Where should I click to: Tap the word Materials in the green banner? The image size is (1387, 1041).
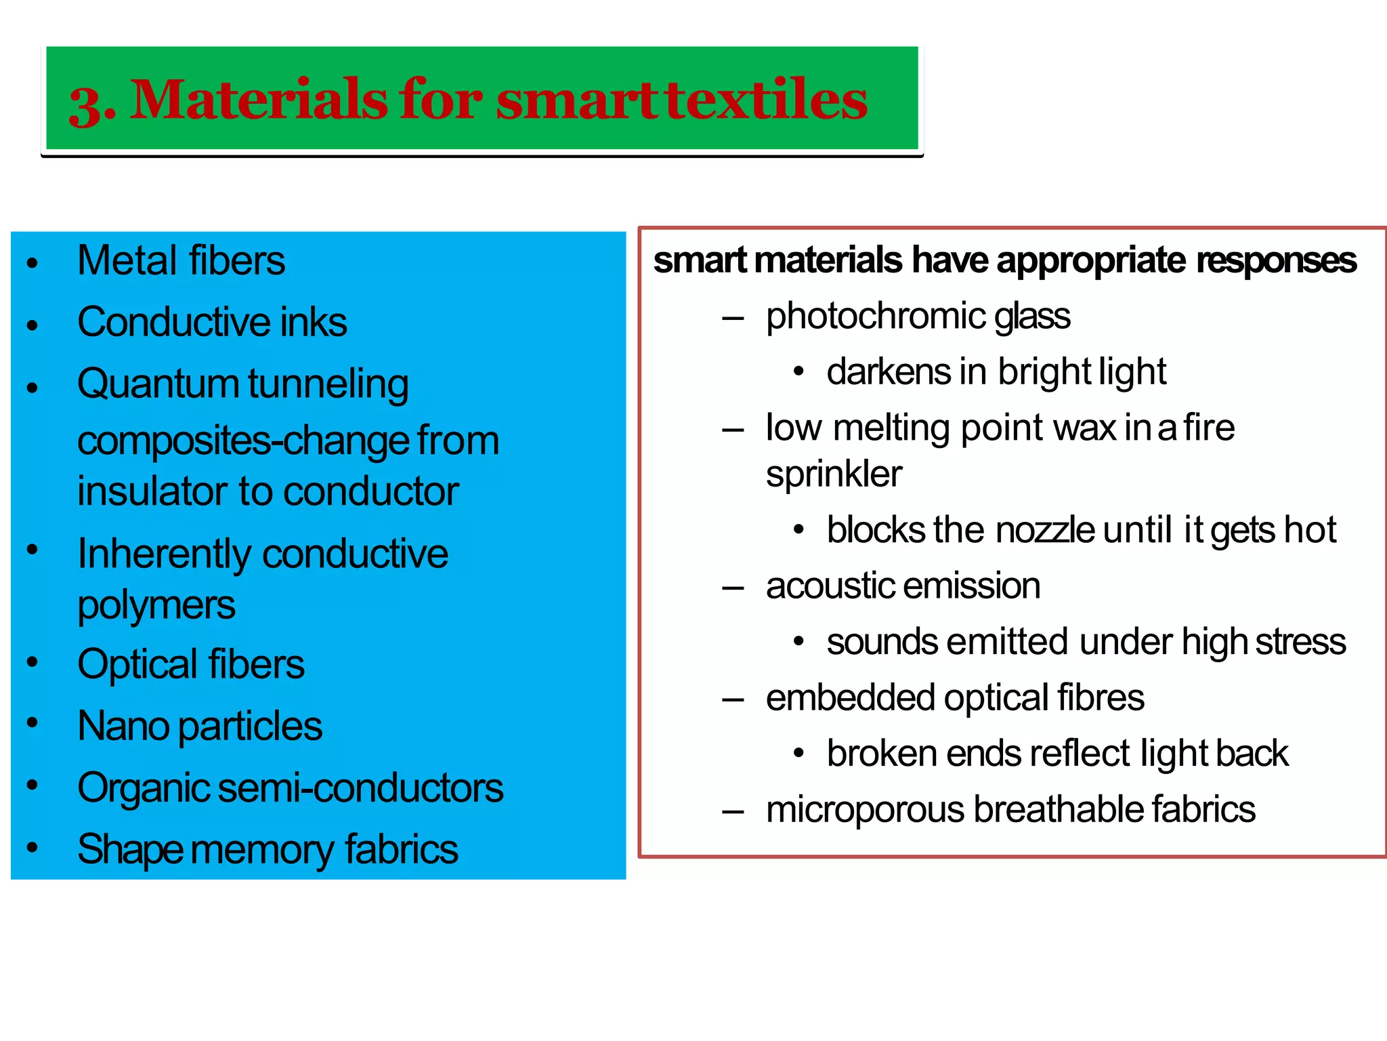(x=258, y=100)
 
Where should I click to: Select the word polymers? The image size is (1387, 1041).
(x=156, y=605)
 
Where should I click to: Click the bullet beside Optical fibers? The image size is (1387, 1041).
(x=32, y=662)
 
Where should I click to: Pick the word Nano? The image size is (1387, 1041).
(x=123, y=726)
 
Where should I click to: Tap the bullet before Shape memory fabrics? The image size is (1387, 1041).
(x=32, y=848)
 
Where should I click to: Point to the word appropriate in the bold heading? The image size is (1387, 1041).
(x=1091, y=261)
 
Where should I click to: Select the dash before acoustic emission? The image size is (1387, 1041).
(x=733, y=587)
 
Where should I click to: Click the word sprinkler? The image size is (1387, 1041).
(x=834, y=474)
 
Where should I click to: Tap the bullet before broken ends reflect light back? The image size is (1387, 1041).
(x=799, y=753)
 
